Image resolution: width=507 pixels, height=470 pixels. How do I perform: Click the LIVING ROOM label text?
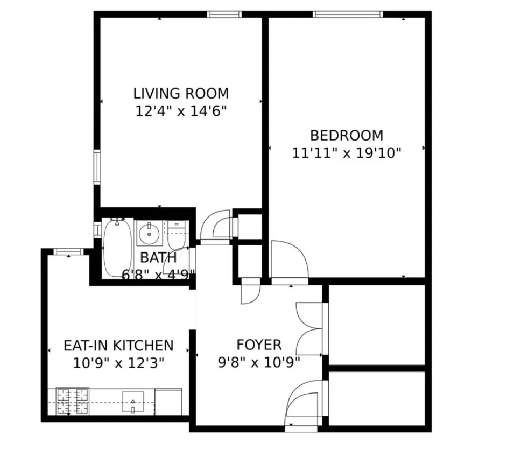pyautogui.click(x=181, y=93)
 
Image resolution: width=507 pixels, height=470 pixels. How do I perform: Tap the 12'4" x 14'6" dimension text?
pyautogui.click(x=181, y=111)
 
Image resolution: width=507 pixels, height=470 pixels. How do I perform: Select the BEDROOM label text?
pyautogui.click(x=347, y=135)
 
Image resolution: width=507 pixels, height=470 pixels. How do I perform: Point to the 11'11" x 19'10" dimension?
pyautogui.click(x=347, y=153)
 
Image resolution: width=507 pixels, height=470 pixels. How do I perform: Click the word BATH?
pyautogui.click(x=158, y=257)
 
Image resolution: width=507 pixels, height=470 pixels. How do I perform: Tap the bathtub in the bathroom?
pyautogui.click(x=117, y=248)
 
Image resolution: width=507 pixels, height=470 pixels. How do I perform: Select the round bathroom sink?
pyautogui.click(x=148, y=234)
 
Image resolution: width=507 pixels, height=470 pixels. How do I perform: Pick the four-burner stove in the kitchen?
pyautogui.click(x=72, y=402)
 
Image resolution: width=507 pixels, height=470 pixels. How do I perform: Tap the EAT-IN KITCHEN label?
pyautogui.click(x=118, y=345)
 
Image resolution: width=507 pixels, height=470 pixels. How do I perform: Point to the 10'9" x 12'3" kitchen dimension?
pyautogui.click(x=118, y=363)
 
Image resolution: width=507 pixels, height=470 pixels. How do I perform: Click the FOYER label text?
pyautogui.click(x=259, y=345)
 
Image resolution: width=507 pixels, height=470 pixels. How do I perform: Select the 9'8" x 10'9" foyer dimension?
pyautogui.click(x=259, y=362)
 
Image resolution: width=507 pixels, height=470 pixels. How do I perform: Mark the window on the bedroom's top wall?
pyautogui.click(x=348, y=15)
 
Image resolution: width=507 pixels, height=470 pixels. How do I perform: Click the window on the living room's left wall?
pyautogui.click(x=97, y=167)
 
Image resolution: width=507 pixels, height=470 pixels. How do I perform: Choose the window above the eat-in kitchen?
pyautogui.click(x=68, y=251)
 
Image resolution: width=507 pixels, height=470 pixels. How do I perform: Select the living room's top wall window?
pyautogui.click(x=224, y=15)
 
